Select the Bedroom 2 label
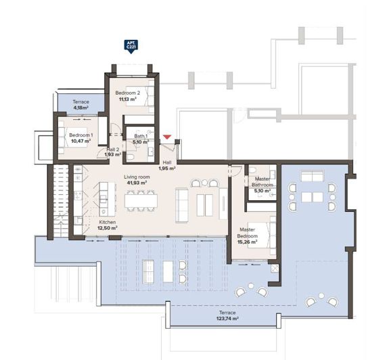pyautogui.click(x=127, y=93)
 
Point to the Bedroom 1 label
pyautogui.click(x=80, y=135)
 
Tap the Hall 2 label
pyautogui.click(x=113, y=150)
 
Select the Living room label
pyautogui.click(x=137, y=177)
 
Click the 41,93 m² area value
pyautogui.click(x=137, y=183)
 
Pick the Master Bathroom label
pyautogui.click(x=262, y=181)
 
